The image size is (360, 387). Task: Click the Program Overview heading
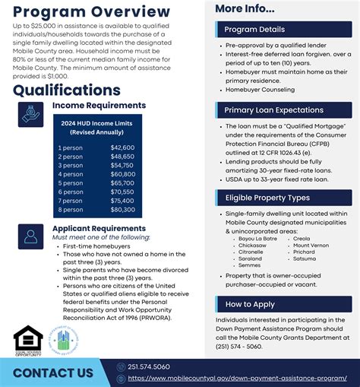(91, 11)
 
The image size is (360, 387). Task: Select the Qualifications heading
(67, 90)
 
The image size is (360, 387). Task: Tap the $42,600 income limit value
(122, 148)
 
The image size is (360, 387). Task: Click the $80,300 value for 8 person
(122, 210)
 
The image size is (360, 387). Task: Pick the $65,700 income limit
(122, 183)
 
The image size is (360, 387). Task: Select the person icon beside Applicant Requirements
(31, 237)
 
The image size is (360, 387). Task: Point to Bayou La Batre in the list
(257, 238)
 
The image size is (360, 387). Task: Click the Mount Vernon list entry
(311, 245)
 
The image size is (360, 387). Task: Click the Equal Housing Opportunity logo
(28, 340)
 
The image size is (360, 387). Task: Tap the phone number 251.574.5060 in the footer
(149, 366)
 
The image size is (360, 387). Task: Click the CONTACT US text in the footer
(53, 373)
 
